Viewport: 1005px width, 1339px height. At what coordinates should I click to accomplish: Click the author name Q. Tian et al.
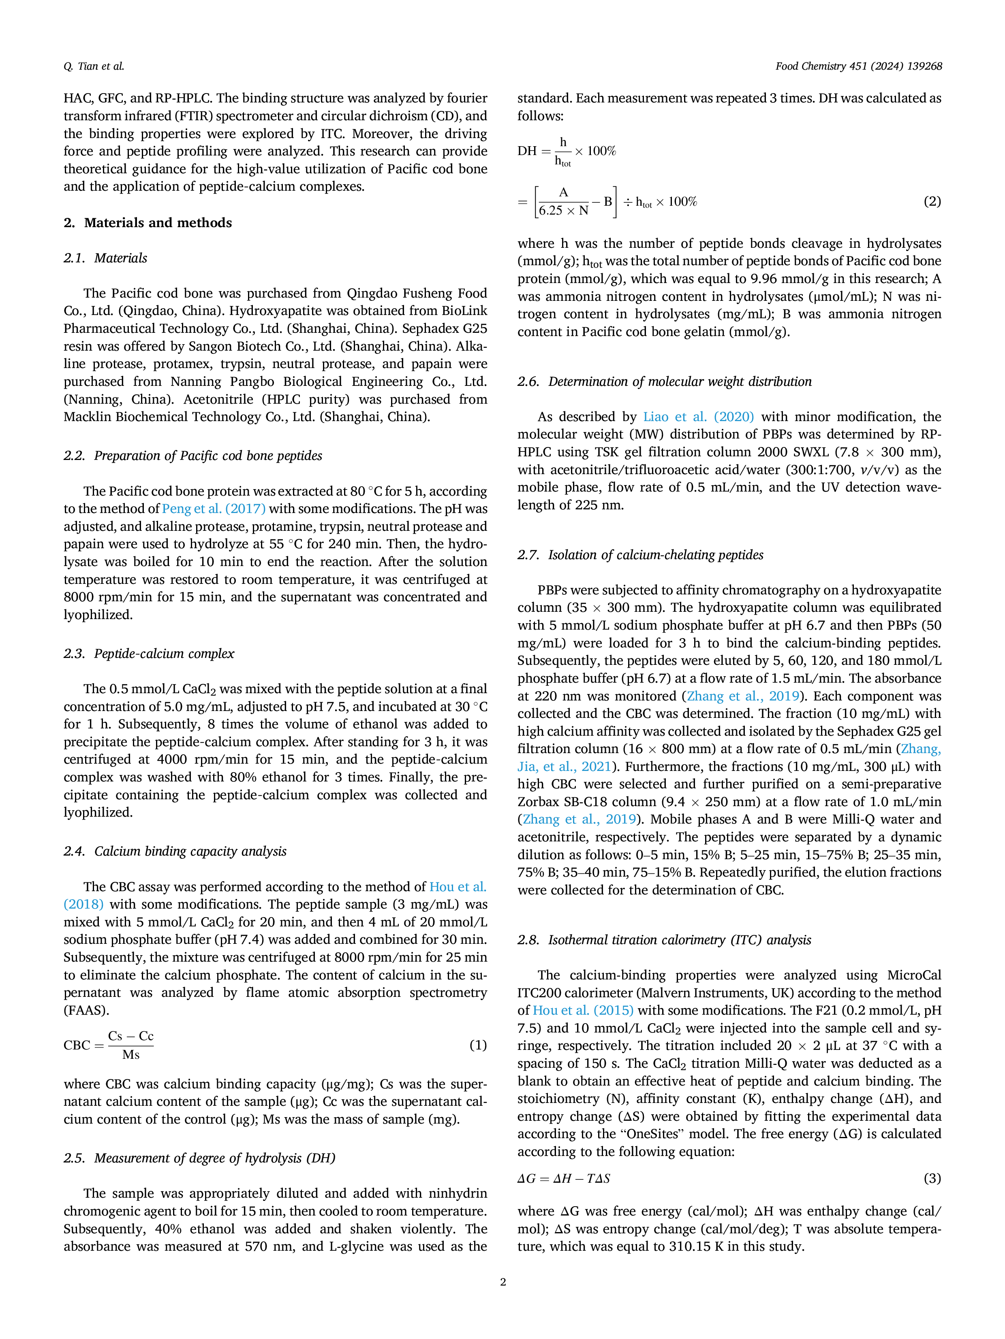[x=94, y=66]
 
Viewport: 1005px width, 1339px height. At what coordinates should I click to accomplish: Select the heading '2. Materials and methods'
[x=148, y=223]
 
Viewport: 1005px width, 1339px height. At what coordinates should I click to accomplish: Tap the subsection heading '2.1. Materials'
[x=105, y=258]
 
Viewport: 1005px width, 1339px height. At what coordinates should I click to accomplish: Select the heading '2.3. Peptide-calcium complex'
[x=149, y=654]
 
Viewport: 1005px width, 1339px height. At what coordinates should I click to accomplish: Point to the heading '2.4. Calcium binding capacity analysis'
[x=175, y=851]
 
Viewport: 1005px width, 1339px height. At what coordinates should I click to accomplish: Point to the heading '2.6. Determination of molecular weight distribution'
[x=665, y=381]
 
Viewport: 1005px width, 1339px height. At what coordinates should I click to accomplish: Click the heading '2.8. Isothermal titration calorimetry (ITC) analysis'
[x=664, y=940]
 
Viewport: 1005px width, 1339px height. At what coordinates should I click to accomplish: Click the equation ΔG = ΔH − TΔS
[x=563, y=1179]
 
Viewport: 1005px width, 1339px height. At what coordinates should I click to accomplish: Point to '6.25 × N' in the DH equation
[x=563, y=211]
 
